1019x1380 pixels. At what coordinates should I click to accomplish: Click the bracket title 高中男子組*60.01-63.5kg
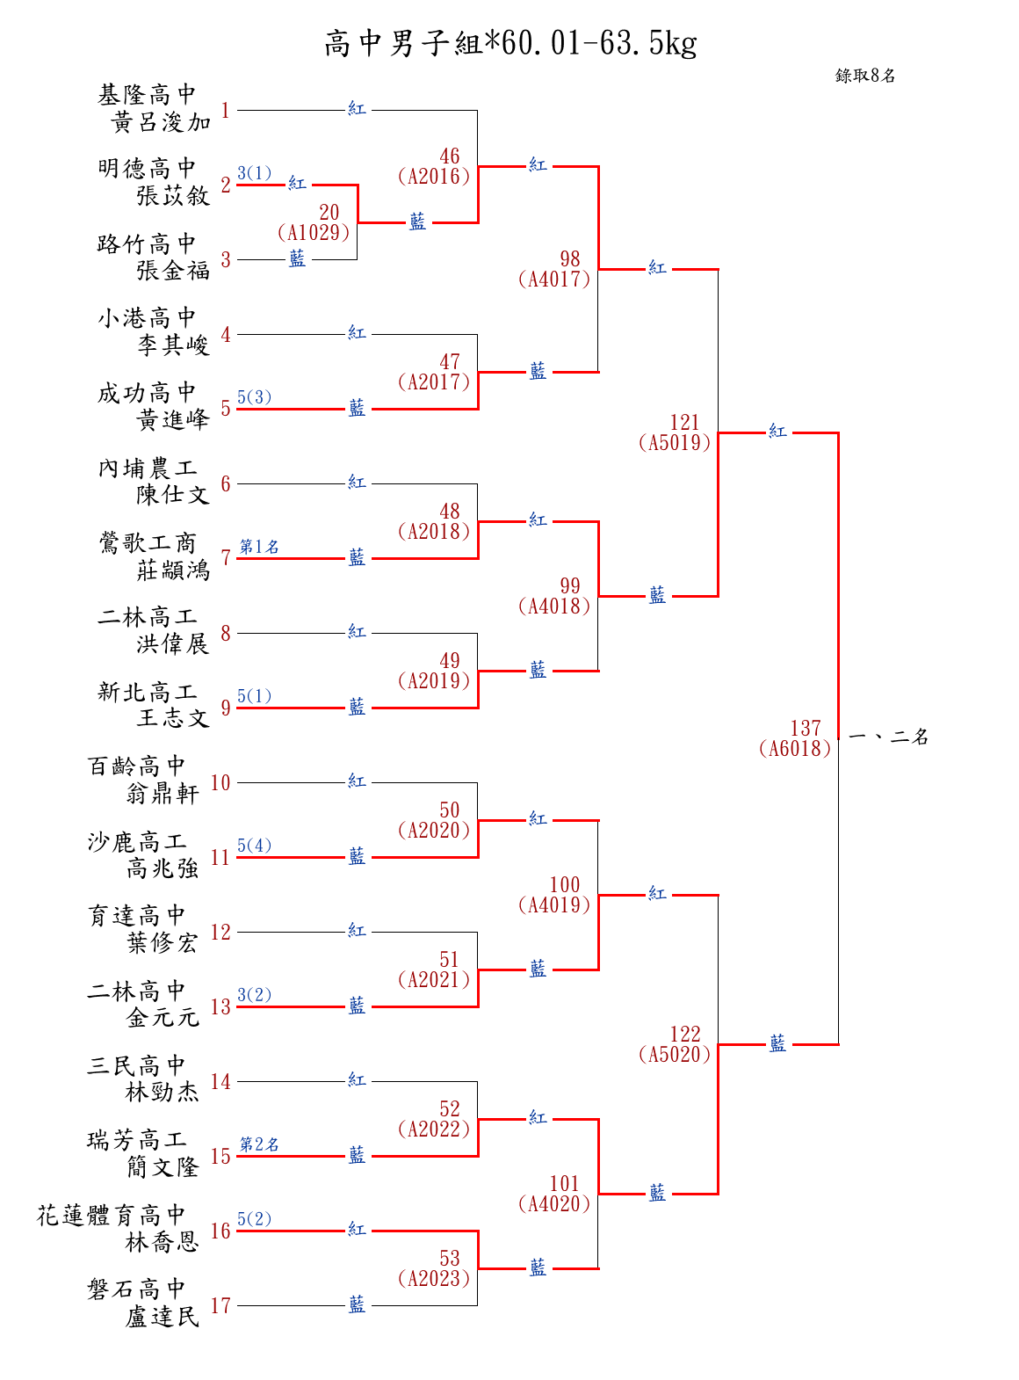tap(510, 43)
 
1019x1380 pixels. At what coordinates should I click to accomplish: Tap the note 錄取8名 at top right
tap(865, 76)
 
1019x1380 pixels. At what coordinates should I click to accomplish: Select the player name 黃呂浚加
tap(162, 122)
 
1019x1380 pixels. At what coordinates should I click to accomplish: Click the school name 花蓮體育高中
tap(112, 1216)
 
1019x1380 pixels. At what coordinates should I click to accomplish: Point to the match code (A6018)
tap(794, 749)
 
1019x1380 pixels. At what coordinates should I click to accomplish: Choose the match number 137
tap(805, 728)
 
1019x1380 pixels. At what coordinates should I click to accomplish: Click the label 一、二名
tap(889, 737)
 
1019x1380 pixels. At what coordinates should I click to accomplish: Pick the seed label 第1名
tap(259, 547)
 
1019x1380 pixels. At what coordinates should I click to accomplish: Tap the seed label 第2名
tap(259, 1144)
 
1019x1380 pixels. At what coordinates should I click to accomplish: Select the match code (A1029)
tap(314, 233)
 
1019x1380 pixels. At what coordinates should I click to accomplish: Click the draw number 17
tap(220, 1306)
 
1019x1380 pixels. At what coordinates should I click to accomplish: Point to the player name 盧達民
tap(163, 1317)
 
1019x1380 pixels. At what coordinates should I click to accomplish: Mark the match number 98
tap(570, 259)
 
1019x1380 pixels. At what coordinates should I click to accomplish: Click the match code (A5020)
tap(675, 1055)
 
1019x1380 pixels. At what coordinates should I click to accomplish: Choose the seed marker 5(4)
tap(254, 846)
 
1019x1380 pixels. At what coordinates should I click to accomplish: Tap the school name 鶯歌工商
tap(148, 543)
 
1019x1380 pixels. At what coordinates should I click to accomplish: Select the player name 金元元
tap(163, 1018)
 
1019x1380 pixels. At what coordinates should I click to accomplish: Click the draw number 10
tap(220, 783)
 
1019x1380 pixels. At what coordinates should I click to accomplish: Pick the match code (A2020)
tap(433, 831)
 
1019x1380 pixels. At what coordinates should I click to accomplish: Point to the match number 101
tap(565, 1184)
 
